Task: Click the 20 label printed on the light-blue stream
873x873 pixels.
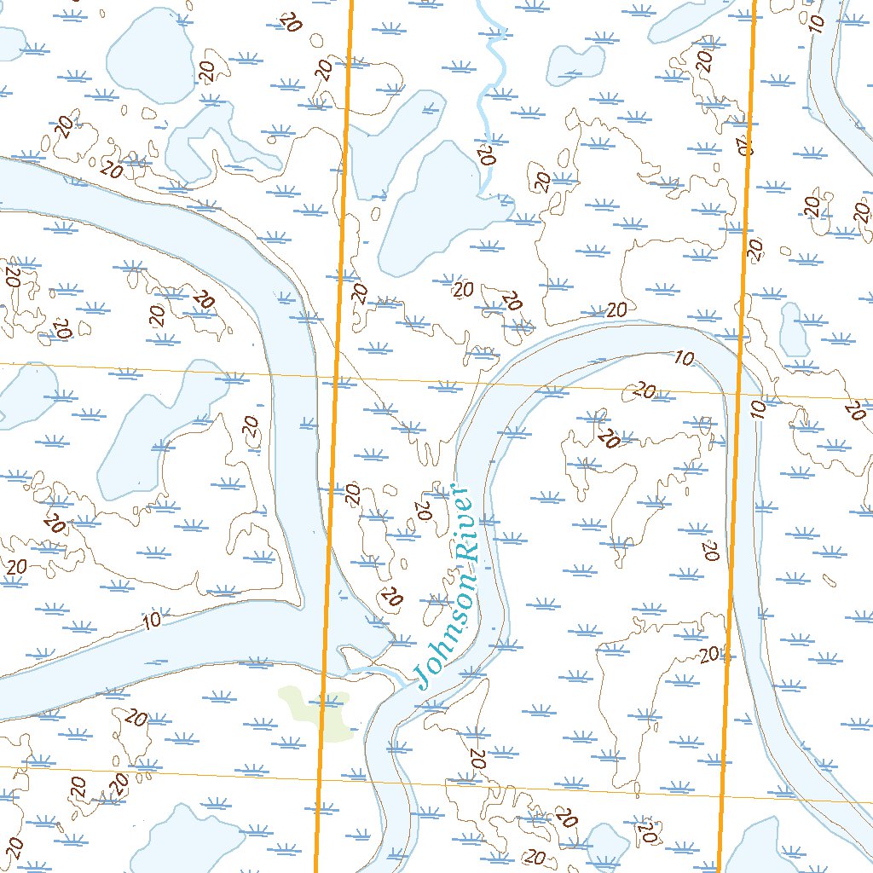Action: [488, 154]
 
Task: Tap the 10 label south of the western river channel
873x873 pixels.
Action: [153, 620]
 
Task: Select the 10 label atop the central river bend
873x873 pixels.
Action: [684, 358]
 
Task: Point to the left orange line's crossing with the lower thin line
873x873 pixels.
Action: [319, 774]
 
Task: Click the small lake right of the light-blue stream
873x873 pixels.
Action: [575, 64]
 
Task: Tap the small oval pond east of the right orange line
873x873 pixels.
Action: [794, 329]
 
